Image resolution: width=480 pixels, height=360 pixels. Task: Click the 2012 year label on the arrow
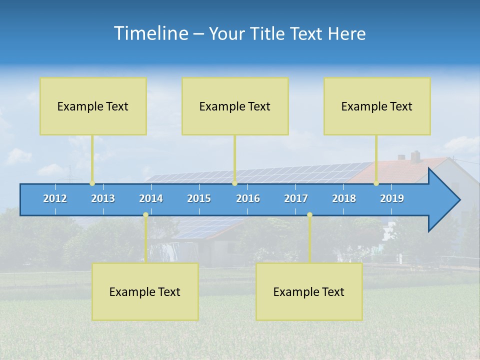[55, 198]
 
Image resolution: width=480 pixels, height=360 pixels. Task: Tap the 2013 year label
[103, 198]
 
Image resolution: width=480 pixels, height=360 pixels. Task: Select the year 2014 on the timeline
[151, 198]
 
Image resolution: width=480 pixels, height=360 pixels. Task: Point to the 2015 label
[199, 198]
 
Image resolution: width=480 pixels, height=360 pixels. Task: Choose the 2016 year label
[248, 198]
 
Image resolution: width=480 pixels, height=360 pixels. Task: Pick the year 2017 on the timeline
[296, 198]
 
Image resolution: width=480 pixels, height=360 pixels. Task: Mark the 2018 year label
[344, 198]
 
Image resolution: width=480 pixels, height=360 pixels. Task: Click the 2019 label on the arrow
[392, 198]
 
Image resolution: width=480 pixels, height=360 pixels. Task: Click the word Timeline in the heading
[150, 33]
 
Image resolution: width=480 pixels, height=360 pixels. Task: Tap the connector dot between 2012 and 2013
[92, 183]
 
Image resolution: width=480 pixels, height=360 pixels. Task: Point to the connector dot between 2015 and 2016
[234, 183]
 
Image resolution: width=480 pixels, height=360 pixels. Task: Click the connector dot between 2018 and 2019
[376, 183]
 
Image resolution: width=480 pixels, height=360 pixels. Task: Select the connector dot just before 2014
[145, 214]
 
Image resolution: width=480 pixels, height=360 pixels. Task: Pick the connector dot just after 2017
[309, 214]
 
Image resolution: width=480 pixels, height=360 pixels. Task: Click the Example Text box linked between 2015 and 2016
[235, 106]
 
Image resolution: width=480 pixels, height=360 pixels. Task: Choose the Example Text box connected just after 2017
[309, 291]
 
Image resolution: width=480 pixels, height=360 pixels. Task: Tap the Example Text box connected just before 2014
[145, 291]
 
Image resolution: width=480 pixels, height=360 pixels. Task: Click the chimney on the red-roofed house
[415, 155]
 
